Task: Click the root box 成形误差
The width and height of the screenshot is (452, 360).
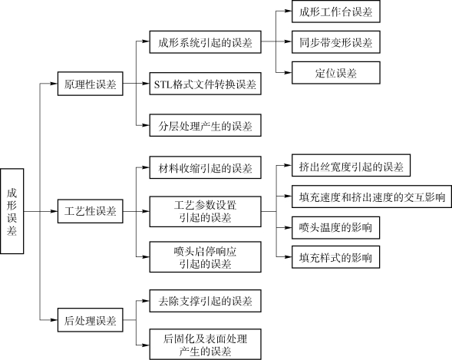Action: [12, 211]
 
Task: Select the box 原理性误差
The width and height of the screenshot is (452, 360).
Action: [91, 84]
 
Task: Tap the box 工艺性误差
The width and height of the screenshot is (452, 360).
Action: [91, 211]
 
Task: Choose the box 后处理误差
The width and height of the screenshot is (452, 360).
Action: [91, 320]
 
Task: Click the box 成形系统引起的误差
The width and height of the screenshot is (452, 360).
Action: [205, 42]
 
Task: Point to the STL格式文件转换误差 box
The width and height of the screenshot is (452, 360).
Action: [205, 84]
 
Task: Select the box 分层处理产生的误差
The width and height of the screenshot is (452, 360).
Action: [205, 125]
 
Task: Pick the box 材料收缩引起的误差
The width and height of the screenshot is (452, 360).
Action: [205, 167]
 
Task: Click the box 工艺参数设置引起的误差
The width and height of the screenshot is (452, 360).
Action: [205, 212]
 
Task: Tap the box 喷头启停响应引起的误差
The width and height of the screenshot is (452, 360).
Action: [205, 257]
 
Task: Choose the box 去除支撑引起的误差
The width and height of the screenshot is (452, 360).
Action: [205, 301]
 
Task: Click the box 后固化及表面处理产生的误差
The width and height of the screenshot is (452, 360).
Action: [205, 345]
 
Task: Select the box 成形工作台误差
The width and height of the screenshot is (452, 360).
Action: [336, 12]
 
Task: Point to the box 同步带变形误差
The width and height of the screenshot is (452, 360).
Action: [336, 42]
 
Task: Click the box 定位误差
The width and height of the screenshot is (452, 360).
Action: [336, 73]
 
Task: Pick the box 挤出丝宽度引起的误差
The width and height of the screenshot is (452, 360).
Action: [351, 166]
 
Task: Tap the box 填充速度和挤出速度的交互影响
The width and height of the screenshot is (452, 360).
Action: [371, 197]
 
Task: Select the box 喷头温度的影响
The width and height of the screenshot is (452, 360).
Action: [336, 228]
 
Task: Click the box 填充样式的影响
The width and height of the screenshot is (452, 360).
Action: [336, 257]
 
